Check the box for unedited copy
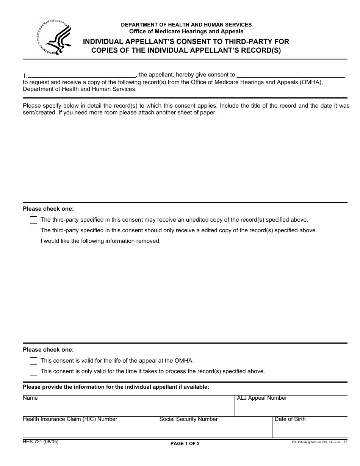point(33,220)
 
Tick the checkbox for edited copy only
point(33,230)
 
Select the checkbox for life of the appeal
point(33,361)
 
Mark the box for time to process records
point(33,371)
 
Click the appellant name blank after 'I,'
point(81,75)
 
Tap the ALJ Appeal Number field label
point(262,398)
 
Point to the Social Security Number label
point(188,419)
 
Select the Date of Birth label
point(290,419)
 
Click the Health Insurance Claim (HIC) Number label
point(70,419)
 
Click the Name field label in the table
point(30,398)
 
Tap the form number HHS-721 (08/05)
point(41,442)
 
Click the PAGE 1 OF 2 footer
point(185,444)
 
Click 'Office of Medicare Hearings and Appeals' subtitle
point(186,31)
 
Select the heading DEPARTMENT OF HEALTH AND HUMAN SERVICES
point(186,25)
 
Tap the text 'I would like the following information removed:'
point(100,241)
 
